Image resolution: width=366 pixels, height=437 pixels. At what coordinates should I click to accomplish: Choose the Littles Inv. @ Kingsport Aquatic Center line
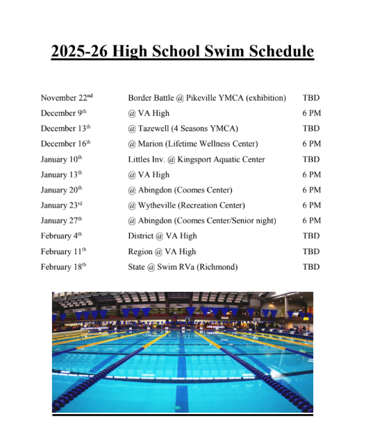196,159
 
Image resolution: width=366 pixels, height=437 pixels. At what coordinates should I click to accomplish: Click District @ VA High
162,236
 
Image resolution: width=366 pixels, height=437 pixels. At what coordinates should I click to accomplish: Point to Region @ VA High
161,251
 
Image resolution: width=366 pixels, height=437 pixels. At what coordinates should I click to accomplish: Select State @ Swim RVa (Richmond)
183,266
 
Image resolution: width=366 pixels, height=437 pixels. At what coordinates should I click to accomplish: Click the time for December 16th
311,144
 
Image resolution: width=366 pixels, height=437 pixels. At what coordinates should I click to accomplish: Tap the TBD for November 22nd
311,98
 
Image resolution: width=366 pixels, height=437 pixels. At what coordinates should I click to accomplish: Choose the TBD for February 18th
311,266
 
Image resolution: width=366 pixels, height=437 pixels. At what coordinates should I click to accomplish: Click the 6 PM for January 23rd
311,205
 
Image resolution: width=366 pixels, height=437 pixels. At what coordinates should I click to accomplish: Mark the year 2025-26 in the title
78,51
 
